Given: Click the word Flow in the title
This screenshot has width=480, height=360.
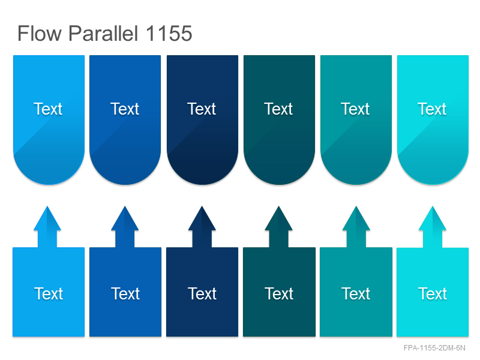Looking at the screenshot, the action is pyautogui.click(x=40, y=33).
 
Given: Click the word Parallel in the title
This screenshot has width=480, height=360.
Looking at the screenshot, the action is pyautogui.click(x=103, y=33).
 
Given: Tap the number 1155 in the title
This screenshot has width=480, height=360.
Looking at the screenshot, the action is pyautogui.click(x=169, y=33).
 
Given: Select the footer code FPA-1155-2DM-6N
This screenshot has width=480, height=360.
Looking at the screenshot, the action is pyautogui.click(x=434, y=348).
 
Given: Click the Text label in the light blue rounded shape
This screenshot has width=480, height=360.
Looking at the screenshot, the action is pyautogui.click(x=48, y=109).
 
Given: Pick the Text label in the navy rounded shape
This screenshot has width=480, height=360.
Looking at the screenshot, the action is pyautogui.click(x=202, y=109).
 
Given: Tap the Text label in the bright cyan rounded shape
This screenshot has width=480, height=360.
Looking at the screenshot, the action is pyautogui.click(x=432, y=109).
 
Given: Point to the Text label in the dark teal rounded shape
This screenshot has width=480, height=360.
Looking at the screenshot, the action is pyautogui.click(x=278, y=109).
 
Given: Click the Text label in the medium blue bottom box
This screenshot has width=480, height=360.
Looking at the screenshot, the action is pyautogui.click(x=125, y=293).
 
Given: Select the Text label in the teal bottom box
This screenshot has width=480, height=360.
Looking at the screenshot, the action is pyautogui.click(x=356, y=293).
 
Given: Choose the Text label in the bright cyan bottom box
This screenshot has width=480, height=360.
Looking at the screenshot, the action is pyautogui.click(x=433, y=293).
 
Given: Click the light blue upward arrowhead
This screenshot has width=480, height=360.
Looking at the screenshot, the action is pyautogui.click(x=47, y=218).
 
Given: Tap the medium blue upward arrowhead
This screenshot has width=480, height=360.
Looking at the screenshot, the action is pyautogui.click(x=125, y=218).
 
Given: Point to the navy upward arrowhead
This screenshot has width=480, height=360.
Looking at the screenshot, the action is pyautogui.click(x=202, y=218).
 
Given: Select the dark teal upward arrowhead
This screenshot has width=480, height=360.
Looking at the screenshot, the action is pyautogui.click(x=278, y=218).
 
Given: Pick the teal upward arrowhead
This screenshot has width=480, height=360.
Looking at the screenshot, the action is pyautogui.click(x=356, y=218).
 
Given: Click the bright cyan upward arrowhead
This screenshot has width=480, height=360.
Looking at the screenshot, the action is pyautogui.click(x=433, y=218).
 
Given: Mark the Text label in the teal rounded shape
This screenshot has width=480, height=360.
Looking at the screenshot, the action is pyautogui.click(x=355, y=109).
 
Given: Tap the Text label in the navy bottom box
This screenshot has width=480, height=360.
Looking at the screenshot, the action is pyautogui.click(x=202, y=293).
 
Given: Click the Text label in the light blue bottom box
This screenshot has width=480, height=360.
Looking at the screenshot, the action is pyautogui.click(x=49, y=293).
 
